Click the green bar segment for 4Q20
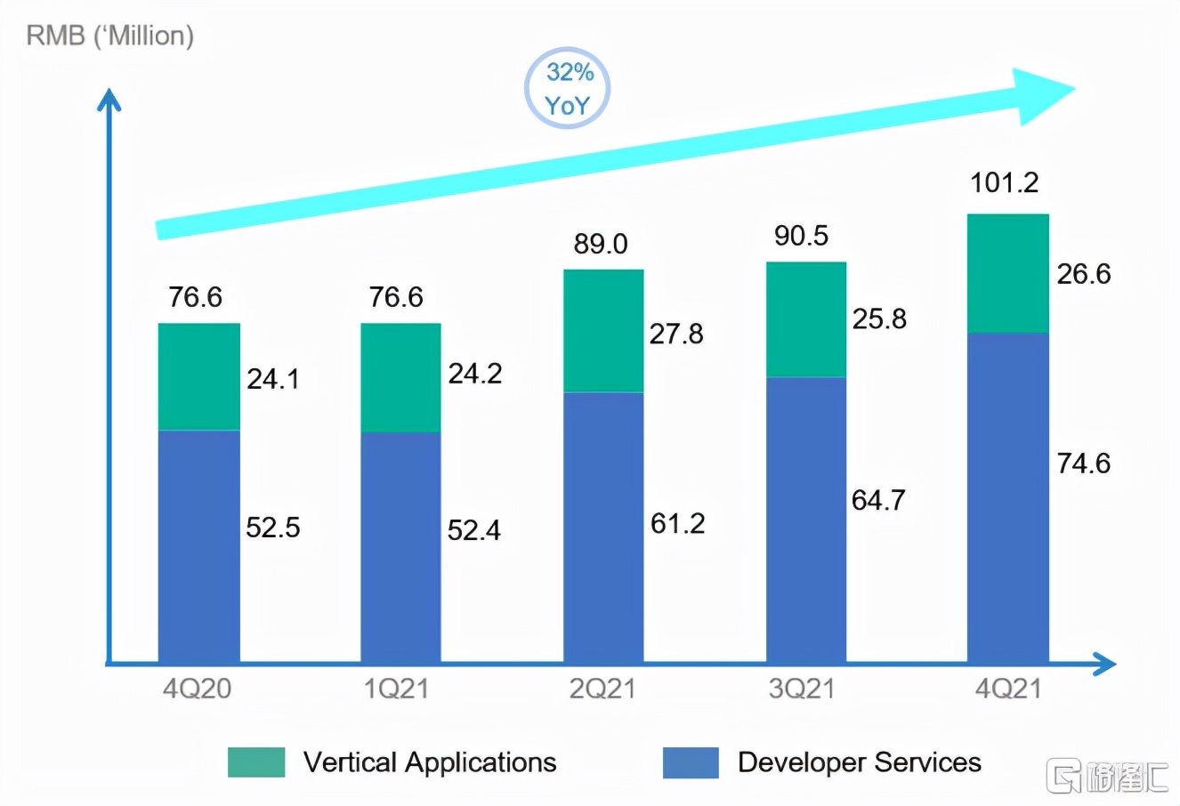click(198, 376)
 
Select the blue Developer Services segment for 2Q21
click(603, 527)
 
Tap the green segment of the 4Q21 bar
click(1007, 273)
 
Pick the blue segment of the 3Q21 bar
click(805, 520)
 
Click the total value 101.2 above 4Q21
click(1004, 182)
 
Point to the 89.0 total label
click(600, 243)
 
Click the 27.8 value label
click(676, 334)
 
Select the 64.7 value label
click(878, 500)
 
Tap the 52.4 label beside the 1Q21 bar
click(473, 530)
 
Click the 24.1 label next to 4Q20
click(272, 379)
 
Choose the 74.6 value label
click(1083, 463)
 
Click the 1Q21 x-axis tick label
click(396, 689)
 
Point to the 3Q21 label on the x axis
click(801, 689)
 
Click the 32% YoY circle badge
click(567, 88)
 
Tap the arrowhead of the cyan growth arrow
click(1046, 92)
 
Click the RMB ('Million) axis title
click(109, 36)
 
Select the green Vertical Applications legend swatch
click(256, 762)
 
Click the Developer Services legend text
click(859, 762)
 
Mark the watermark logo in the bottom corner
click(1108, 776)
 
